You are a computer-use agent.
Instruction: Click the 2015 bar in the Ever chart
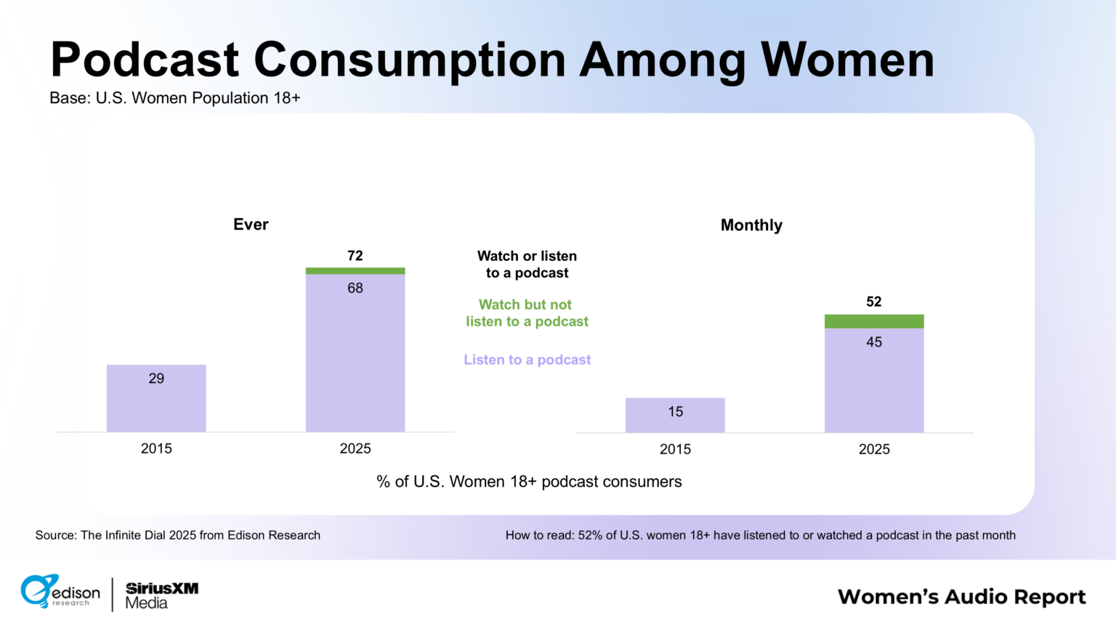point(156,398)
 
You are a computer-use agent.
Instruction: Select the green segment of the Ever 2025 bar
point(355,270)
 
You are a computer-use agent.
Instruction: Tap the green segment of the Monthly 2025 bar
point(874,321)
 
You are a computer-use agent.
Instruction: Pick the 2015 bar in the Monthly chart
point(675,415)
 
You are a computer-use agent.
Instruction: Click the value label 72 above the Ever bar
point(355,256)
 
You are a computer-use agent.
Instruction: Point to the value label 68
point(355,288)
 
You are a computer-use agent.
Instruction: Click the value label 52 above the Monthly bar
point(874,302)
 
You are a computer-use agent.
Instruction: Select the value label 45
point(874,342)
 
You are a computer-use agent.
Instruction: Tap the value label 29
point(156,378)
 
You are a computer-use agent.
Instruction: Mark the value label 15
point(675,411)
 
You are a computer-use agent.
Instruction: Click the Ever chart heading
point(251,225)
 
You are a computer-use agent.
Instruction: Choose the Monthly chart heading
point(751,225)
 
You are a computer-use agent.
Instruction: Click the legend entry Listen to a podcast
point(527,359)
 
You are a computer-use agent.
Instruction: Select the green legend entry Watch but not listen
point(527,313)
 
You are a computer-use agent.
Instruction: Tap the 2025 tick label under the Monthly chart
point(874,449)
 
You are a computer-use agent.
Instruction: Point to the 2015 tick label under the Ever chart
point(156,448)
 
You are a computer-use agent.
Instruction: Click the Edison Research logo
point(60,592)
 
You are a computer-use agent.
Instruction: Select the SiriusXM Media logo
point(162,595)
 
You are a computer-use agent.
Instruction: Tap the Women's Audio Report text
point(961,597)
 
